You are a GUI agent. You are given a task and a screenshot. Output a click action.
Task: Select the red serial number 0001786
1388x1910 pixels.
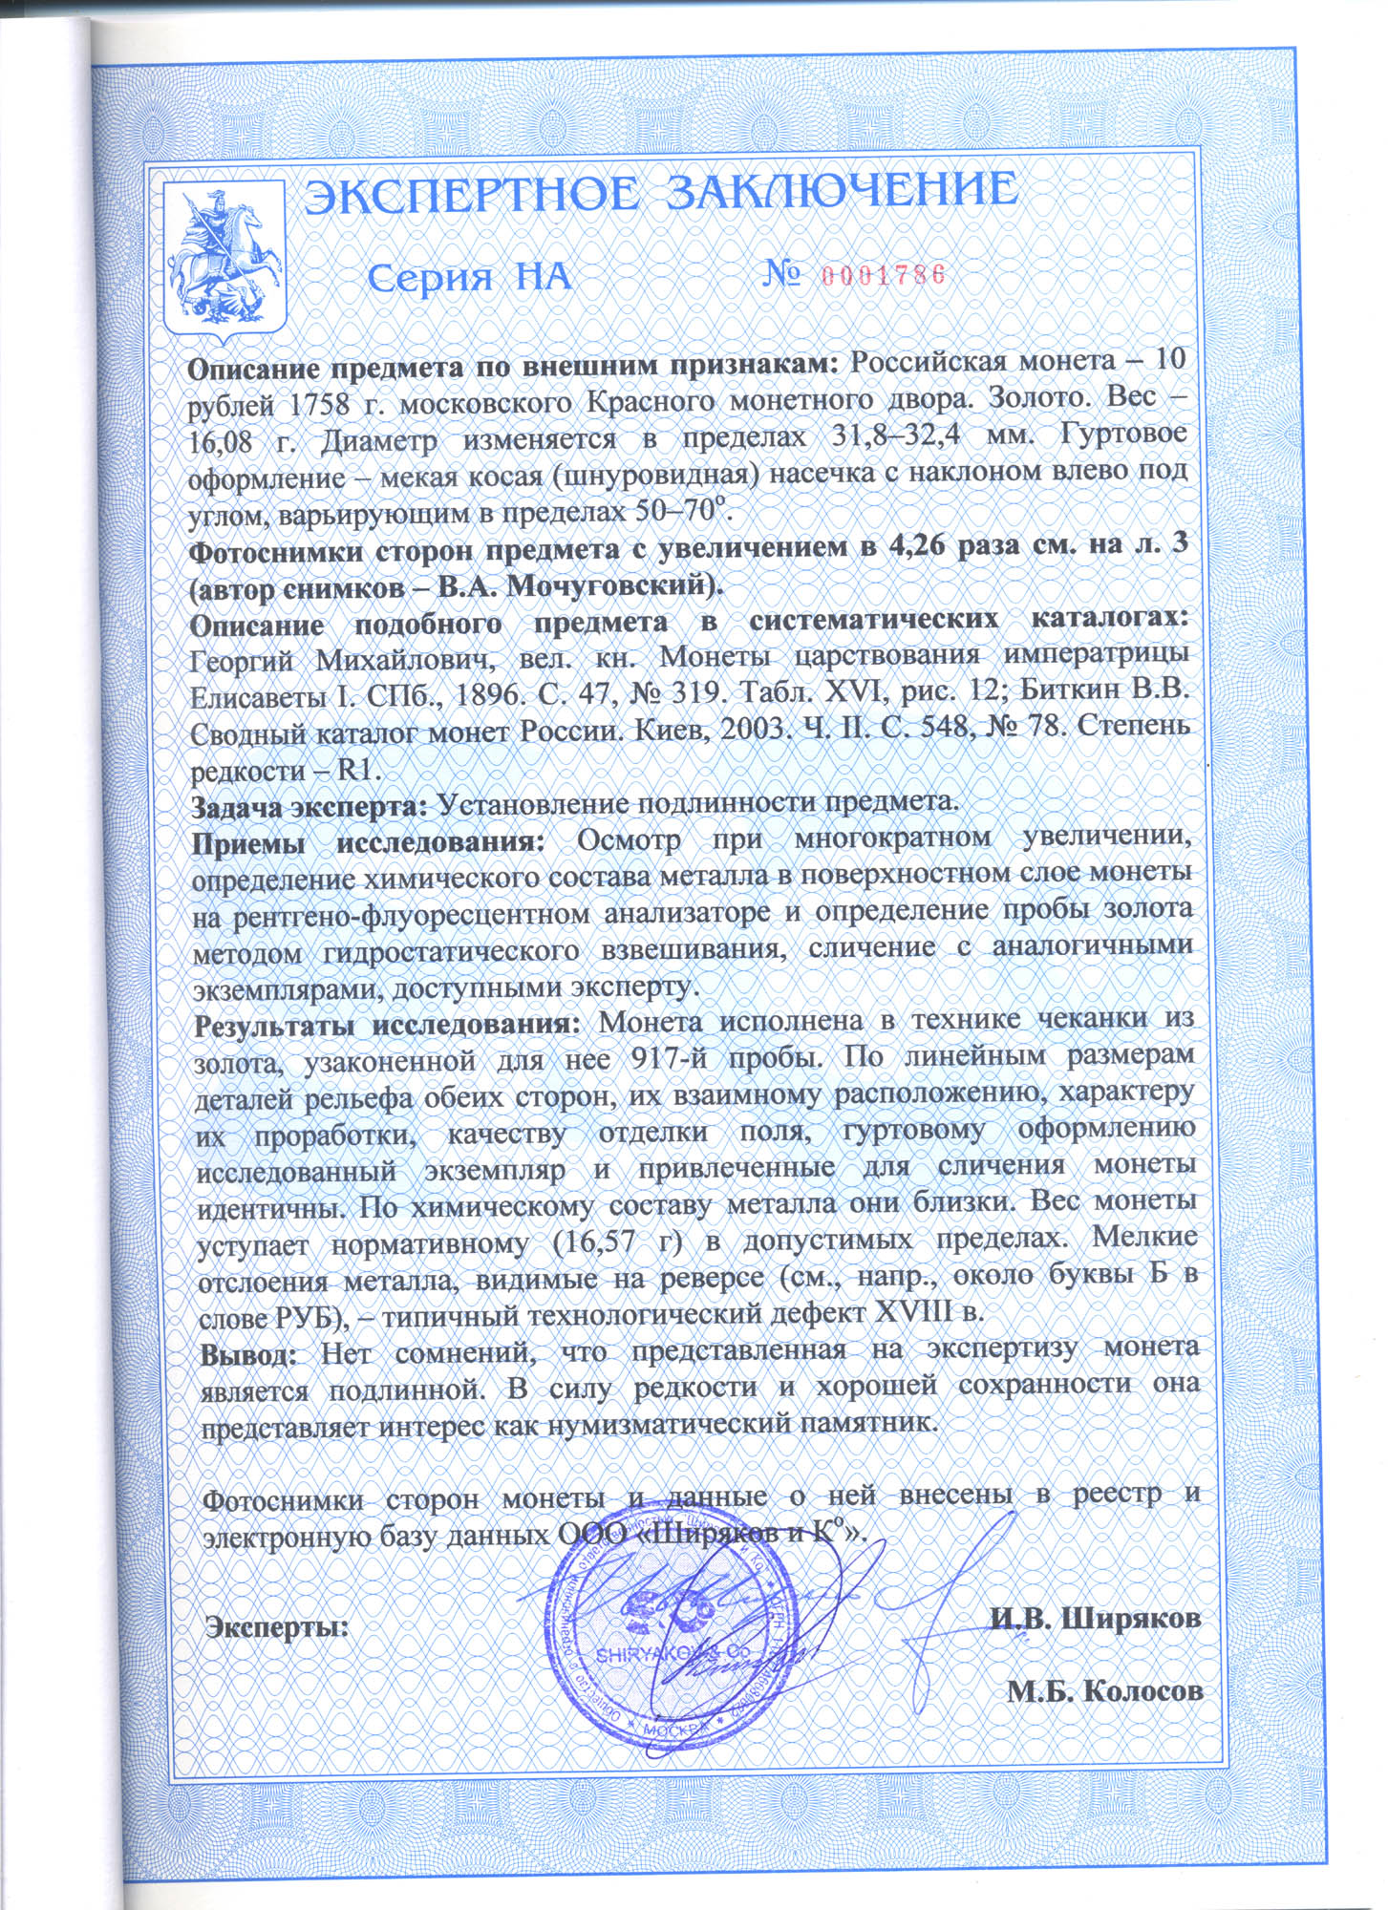(x=882, y=275)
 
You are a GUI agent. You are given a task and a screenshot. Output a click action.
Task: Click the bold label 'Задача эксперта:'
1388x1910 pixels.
(x=310, y=804)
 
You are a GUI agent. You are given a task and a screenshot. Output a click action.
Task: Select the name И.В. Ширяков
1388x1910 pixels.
(x=1095, y=1616)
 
